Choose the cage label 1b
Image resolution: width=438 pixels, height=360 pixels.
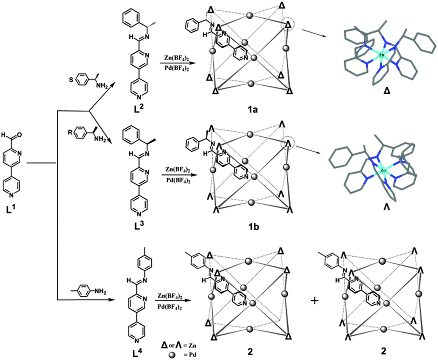pyautogui.click(x=252, y=227)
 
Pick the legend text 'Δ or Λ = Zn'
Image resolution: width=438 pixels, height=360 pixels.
pyautogui.click(x=181, y=345)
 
